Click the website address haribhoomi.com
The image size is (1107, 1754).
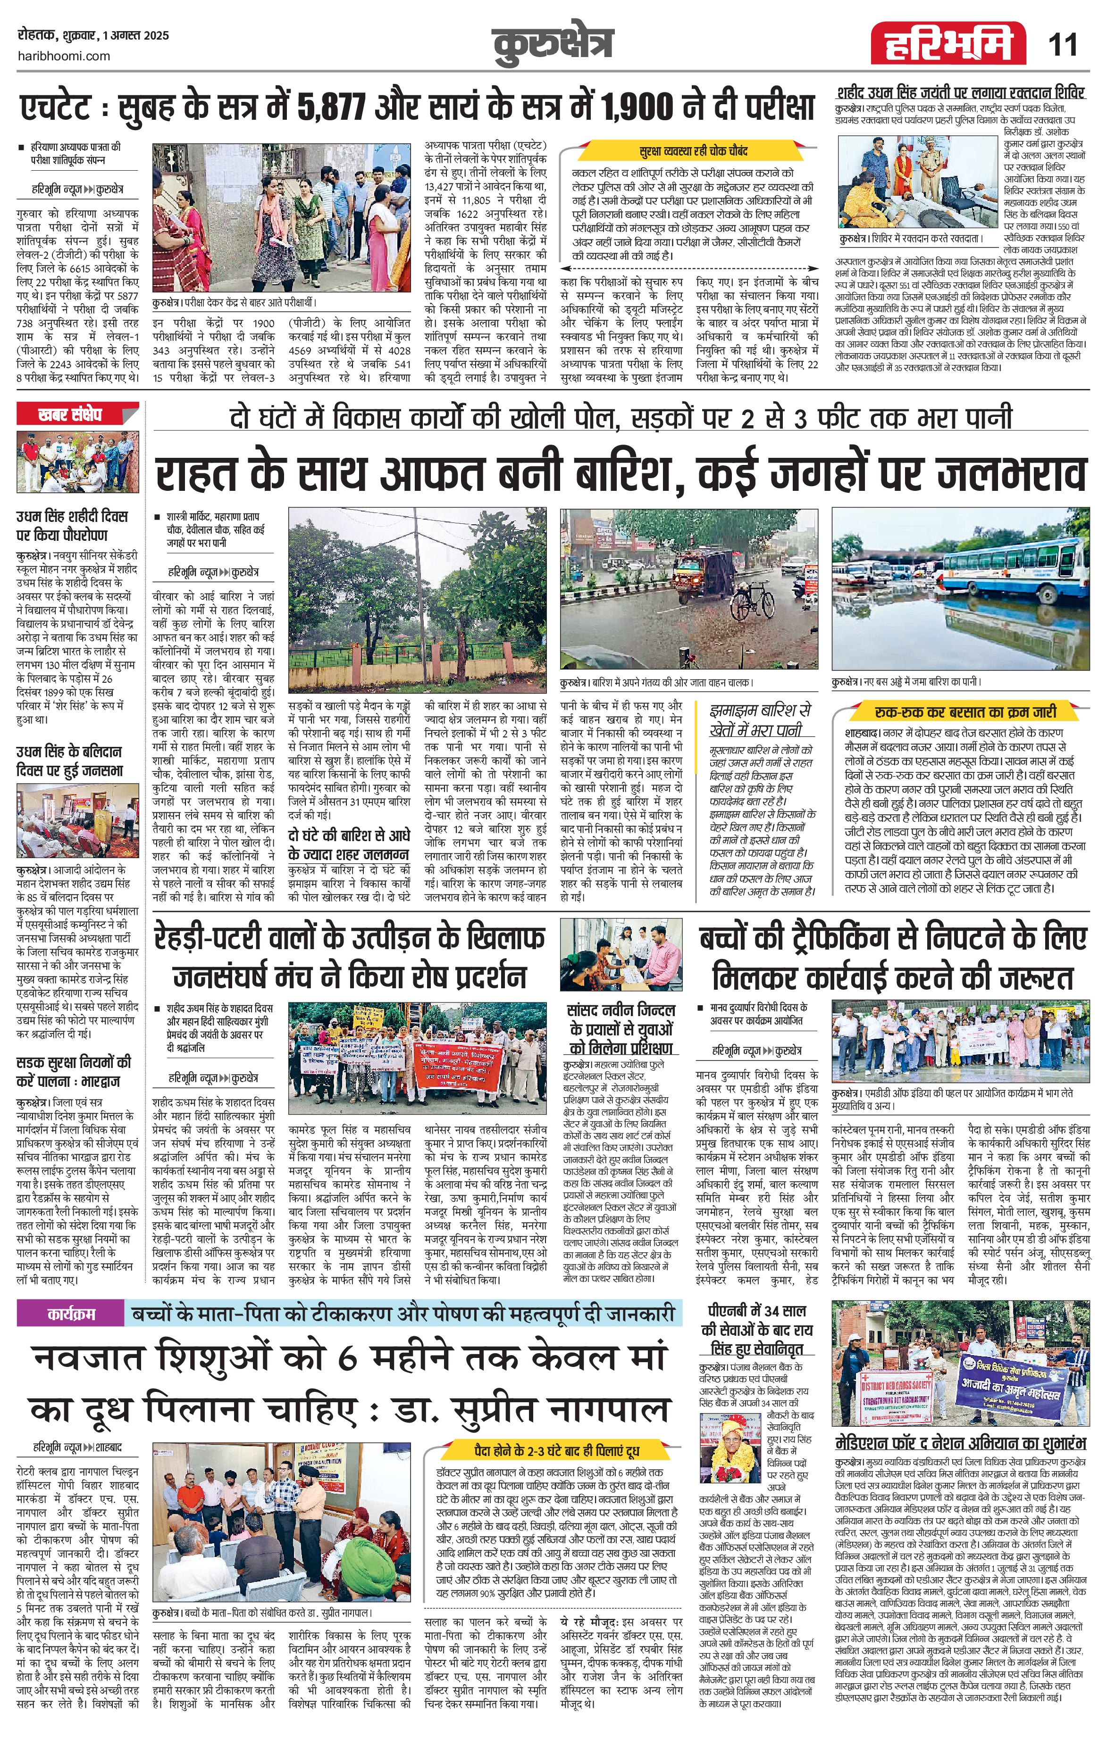coord(63,56)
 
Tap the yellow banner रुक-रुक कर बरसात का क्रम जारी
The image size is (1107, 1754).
coord(965,712)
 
